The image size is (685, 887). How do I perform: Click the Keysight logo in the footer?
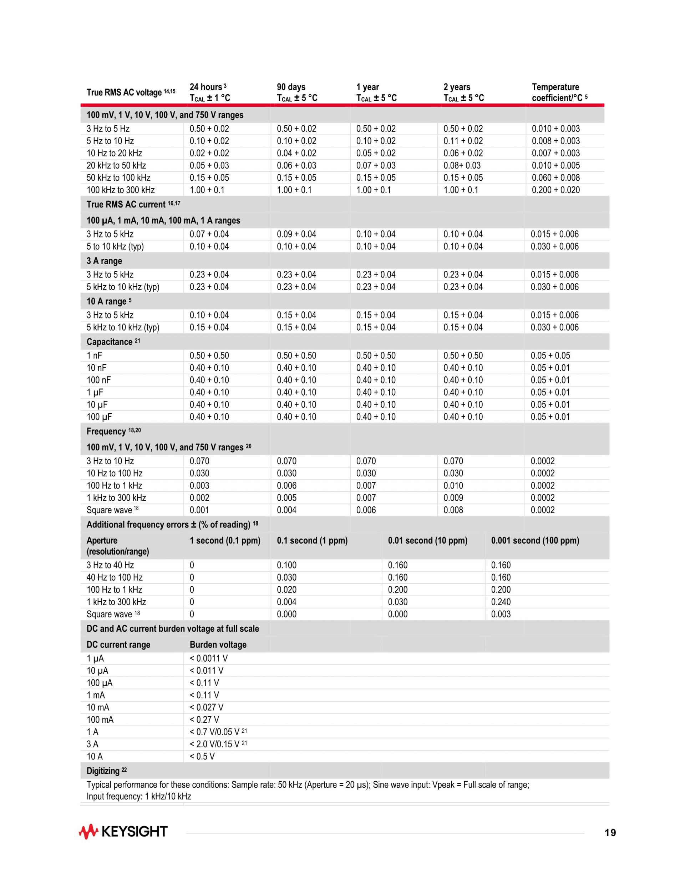pyautogui.click(x=123, y=832)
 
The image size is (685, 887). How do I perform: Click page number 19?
pyautogui.click(x=610, y=833)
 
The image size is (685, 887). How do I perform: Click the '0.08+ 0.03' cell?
pyautogui.click(x=462, y=165)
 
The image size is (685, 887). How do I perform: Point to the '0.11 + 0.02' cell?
pyautogui.click(x=463, y=141)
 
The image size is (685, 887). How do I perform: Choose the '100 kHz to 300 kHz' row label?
pyautogui.click(x=121, y=190)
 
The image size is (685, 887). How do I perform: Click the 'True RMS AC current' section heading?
pyautogui.click(x=126, y=204)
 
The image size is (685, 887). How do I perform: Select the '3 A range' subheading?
pyautogui.click(x=104, y=261)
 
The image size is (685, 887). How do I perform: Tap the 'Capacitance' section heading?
pyautogui.click(x=110, y=342)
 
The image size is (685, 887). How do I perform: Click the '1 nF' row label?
pyautogui.click(x=94, y=356)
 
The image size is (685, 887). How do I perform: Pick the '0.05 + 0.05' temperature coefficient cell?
pyautogui.click(x=550, y=356)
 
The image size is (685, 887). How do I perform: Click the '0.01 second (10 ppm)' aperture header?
pyautogui.click(x=427, y=541)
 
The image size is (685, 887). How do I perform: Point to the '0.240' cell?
pyautogui.click(x=501, y=602)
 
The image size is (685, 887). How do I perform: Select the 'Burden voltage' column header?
pyautogui.click(x=218, y=645)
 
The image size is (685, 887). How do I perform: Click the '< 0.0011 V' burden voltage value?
pyautogui.click(x=209, y=658)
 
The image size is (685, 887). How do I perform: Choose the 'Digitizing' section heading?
pyautogui.click(x=103, y=771)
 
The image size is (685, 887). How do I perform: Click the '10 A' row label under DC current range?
pyautogui.click(x=95, y=756)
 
